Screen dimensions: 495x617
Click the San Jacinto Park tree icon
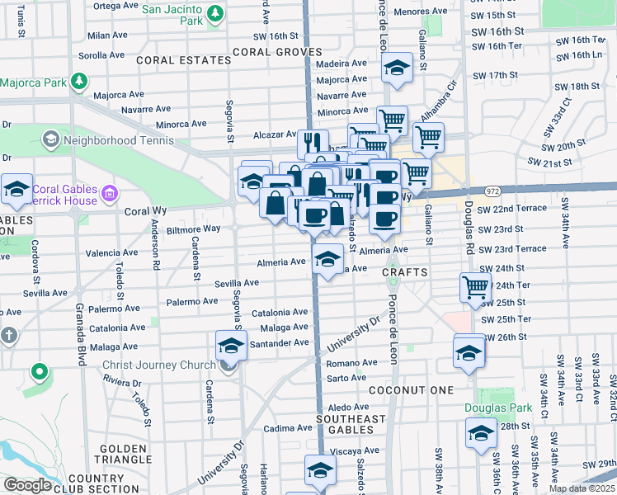214,13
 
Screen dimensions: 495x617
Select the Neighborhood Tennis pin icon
49,139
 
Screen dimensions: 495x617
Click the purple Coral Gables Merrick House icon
109,196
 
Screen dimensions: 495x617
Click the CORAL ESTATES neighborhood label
183,61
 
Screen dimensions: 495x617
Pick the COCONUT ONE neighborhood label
411,389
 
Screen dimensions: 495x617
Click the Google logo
27,485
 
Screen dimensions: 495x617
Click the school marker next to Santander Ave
232,346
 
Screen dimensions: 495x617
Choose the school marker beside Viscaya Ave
320,469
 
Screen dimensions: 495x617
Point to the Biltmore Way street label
193,229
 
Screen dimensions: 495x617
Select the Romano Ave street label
351,363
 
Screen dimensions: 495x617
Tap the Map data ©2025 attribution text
582,488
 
